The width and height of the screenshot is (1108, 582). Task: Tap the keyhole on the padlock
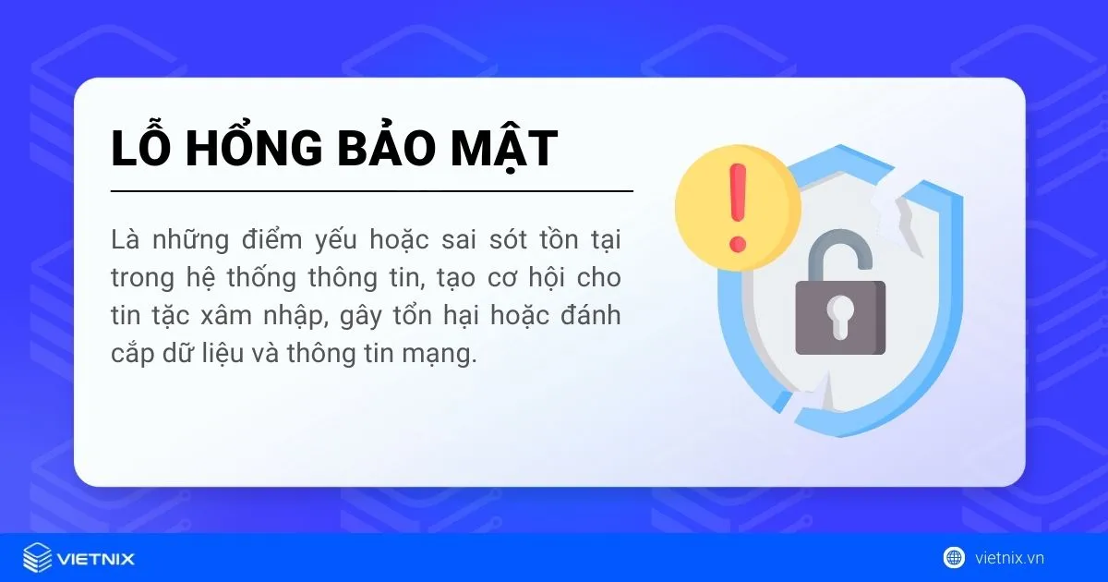coord(840,315)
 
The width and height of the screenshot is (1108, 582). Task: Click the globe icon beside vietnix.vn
coord(954,557)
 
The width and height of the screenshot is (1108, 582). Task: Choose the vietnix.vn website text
coord(1009,558)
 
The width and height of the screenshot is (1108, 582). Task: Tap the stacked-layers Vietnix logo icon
coord(38,558)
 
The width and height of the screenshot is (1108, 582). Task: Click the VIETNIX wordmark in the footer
coord(96,558)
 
